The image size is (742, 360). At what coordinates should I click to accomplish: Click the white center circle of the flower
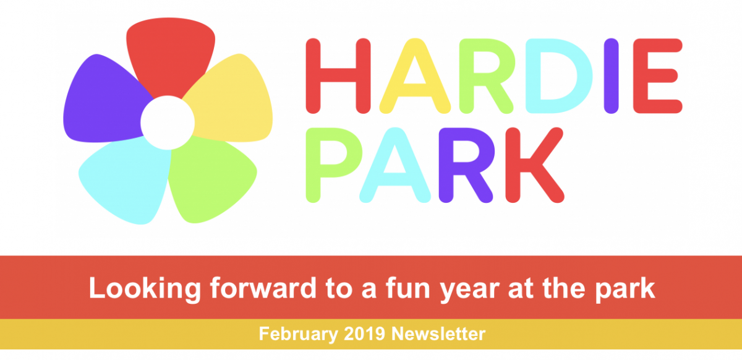coord(168,122)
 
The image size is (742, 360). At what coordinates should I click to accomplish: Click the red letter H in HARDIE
coord(338,76)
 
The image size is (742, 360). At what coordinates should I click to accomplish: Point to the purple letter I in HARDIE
coord(611,76)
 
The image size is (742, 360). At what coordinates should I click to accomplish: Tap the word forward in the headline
coord(263,288)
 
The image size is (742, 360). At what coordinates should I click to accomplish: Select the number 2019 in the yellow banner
coord(364,333)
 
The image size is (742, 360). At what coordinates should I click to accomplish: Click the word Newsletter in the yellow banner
coord(438,333)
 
